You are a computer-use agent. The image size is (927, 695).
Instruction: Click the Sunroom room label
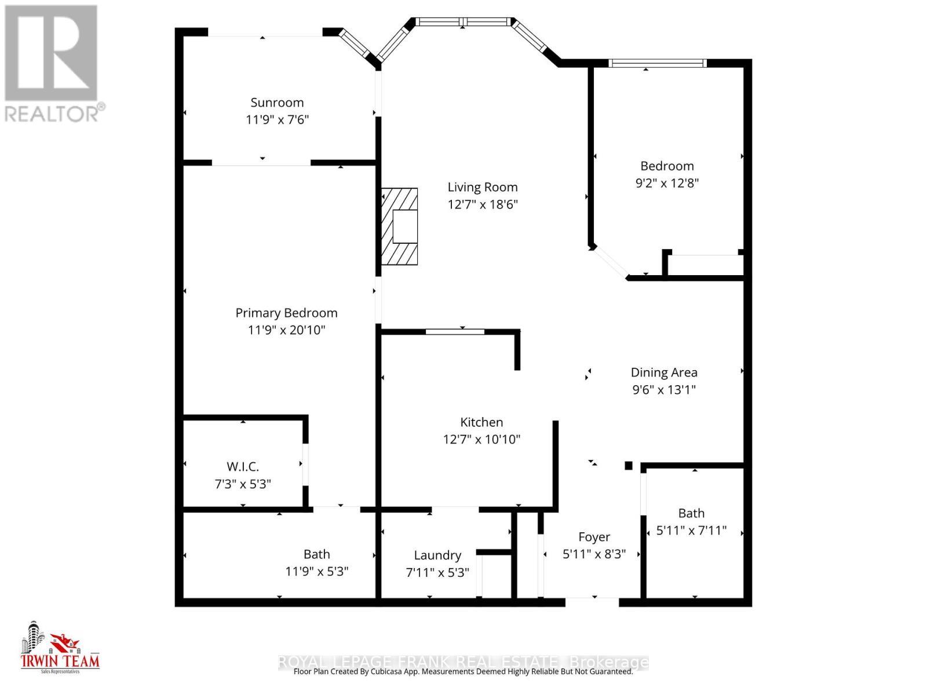pos(277,103)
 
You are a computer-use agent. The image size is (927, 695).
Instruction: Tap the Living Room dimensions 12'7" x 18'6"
pos(482,204)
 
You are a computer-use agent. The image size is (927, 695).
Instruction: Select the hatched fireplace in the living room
pos(400,226)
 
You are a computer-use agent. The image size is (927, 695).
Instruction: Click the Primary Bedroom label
pos(286,313)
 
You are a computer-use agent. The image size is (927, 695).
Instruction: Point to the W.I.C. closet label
pos(242,466)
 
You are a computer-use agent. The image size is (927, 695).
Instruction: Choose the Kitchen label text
pos(481,422)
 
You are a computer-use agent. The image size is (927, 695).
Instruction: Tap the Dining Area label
pos(664,372)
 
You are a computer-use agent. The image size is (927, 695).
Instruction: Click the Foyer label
pos(594,537)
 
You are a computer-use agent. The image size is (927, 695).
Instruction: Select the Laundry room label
pos(437,555)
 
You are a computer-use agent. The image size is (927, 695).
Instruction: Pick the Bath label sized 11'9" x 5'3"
pos(316,554)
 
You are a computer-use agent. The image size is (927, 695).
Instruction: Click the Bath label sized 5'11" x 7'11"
pos(691,513)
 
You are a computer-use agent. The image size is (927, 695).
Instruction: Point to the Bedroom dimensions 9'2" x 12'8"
pos(667,183)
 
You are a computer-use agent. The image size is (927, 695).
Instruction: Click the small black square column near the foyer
pos(628,465)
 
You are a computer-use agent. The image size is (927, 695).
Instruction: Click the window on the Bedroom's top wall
pos(657,63)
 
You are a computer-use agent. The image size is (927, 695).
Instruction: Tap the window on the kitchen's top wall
pos(455,331)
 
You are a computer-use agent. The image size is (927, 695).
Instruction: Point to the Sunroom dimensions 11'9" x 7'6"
pos(277,120)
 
